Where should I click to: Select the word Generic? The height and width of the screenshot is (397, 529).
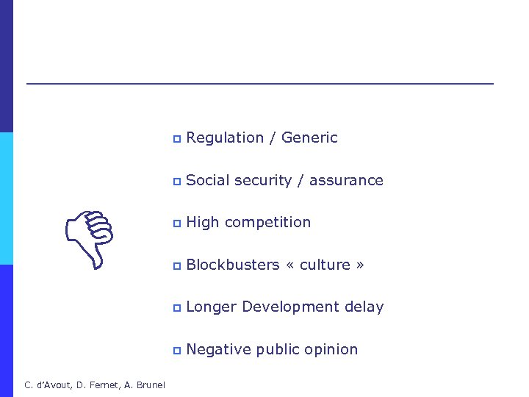309,138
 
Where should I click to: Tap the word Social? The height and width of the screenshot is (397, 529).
209,180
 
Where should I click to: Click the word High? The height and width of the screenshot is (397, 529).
202,223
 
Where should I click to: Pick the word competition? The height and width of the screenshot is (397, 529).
268,223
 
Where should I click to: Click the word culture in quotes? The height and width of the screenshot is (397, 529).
324,265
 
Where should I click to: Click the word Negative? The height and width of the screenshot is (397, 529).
218,349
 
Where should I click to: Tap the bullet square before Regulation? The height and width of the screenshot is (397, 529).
176,139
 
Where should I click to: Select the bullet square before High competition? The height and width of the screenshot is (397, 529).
176,223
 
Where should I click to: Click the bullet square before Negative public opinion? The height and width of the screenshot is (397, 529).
176,351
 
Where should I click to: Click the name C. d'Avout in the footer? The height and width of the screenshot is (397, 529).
46,385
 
